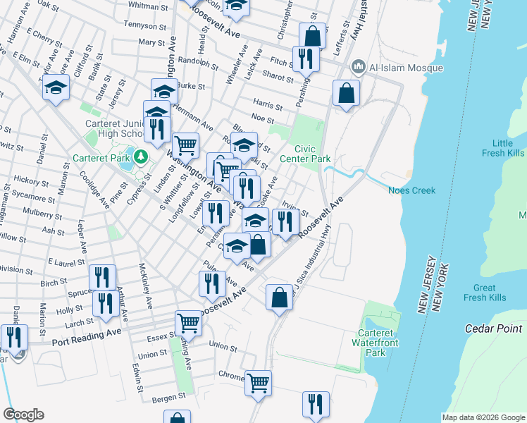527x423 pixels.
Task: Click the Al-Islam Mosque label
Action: click(x=405, y=68)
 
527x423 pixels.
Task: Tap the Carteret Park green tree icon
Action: click(x=142, y=156)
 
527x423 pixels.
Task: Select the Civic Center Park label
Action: click(x=312, y=154)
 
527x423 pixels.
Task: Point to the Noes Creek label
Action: click(x=411, y=190)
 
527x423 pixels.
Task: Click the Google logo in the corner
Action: click(x=23, y=415)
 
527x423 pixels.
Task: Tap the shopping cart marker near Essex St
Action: click(x=188, y=322)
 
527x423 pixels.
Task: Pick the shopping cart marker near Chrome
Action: click(x=258, y=382)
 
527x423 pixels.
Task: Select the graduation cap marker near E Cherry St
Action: click(x=55, y=87)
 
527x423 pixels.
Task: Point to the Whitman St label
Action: click(x=149, y=6)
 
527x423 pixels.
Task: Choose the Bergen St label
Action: click(x=168, y=398)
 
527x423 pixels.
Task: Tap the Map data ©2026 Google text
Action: click(x=484, y=417)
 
